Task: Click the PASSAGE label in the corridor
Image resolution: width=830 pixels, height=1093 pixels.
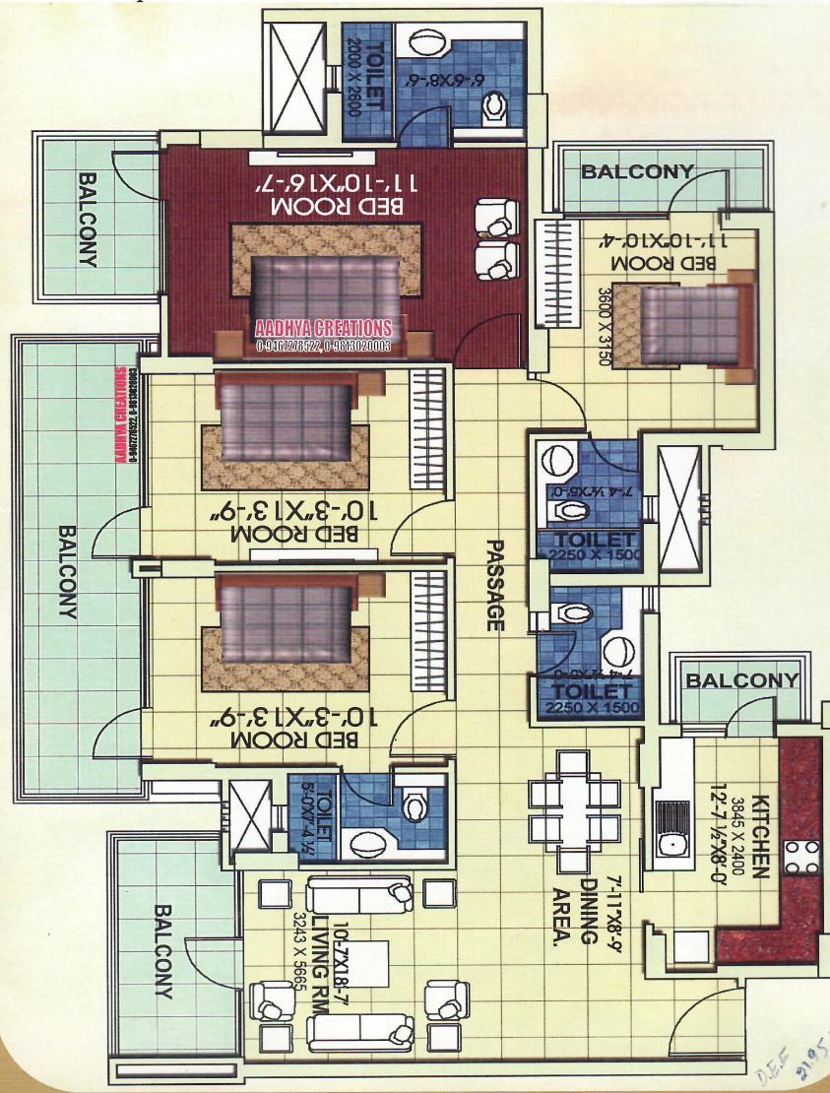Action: point(495,585)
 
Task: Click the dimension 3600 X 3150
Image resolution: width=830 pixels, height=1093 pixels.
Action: point(605,325)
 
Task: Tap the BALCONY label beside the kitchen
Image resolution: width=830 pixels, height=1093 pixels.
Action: point(742,680)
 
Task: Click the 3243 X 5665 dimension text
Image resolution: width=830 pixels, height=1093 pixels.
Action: point(300,945)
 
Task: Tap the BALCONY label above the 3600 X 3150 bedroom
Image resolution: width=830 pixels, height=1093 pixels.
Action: point(637,172)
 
